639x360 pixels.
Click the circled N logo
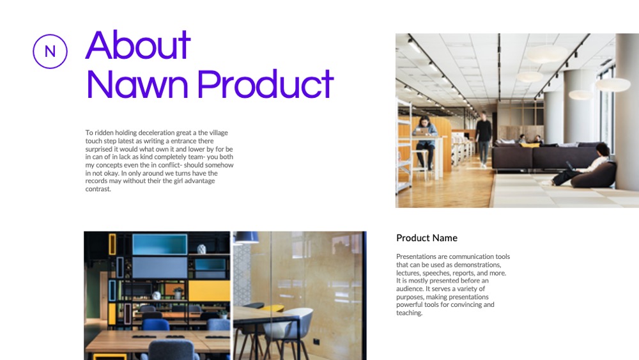tap(50, 51)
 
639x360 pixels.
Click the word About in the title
tap(138, 45)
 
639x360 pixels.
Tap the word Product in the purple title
tap(265, 84)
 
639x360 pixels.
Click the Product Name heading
tap(427, 238)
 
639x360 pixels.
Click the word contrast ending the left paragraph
tap(98, 189)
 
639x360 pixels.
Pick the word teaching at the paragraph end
tap(409, 313)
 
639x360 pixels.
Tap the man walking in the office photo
tap(483, 139)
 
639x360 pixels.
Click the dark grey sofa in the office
tap(545, 156)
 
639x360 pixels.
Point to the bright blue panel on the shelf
tap(160, 244)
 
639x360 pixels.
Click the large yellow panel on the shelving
tap(209, 291)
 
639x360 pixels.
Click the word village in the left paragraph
tap(219, 132)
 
